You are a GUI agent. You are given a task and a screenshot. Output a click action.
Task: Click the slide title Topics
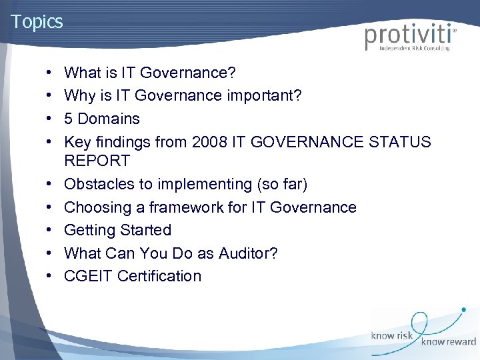[x=37, y=21]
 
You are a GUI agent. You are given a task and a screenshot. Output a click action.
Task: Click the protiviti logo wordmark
[x=409, y=36]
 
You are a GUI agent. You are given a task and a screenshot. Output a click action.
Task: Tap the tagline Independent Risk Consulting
[x=415, y=49]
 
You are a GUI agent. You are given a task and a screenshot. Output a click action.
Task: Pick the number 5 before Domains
[x=69, y=119]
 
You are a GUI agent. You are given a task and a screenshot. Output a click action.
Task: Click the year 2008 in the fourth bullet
[x=209, y=142]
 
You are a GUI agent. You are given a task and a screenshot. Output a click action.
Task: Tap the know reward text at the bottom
[x=448, y=341]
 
